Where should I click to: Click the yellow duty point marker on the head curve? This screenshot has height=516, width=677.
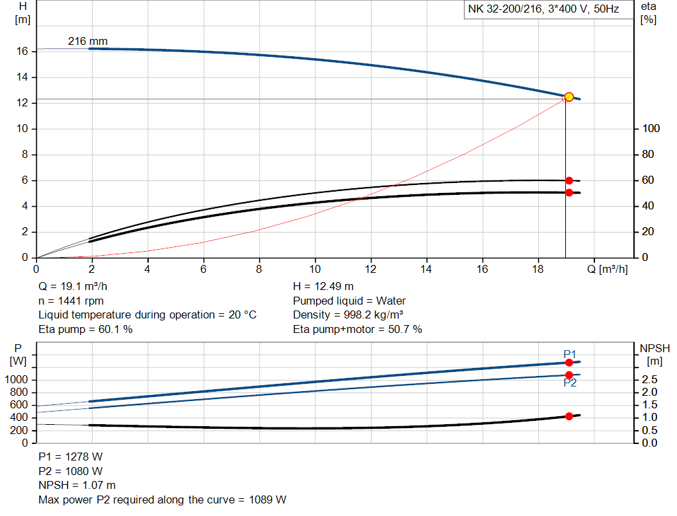pyautogui.click(x=569, y=97)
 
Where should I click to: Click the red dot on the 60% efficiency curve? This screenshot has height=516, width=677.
pyautogui.click(x=569, y=180)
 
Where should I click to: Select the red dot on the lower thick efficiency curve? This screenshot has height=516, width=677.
pyautogui.click(x=569, y=192)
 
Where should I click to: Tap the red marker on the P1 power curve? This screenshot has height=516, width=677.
pyautogui.click(x=569, y=362)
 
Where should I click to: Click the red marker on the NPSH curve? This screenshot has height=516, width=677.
pyautogui.click(x=569, y=416)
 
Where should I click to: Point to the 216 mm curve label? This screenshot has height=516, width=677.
pyautogui.click(x=87, y=42)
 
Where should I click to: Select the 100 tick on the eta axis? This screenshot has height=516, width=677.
pyautogui.click(x=651, y=129)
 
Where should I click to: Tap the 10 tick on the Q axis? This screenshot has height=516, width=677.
pyautogui.click(x=315, y=269)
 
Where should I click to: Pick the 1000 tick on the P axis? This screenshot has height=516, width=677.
pyautogui.click(x=18, y=380)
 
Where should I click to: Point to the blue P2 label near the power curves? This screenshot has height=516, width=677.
pyautogui.click(x=570, y=383)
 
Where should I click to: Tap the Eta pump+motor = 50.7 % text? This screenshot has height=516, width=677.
pyautogui.click(x=357, y=329)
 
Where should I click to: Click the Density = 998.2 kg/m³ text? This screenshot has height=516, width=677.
pyautogui.click(x=348, y=315)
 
